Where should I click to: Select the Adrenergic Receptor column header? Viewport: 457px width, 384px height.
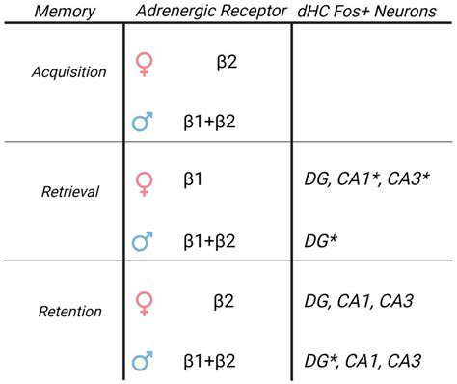click(x=206, y=13)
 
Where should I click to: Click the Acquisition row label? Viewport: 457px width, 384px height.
click(x=62, y=72)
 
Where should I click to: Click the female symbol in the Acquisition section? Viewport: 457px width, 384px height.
click(x=146, y=64)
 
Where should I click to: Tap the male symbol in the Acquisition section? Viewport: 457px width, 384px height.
click(x=144, y=122)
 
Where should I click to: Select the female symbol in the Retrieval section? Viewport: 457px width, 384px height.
click(x=146, y=183)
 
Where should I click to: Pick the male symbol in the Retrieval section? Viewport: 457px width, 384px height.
click(x=144, y=241)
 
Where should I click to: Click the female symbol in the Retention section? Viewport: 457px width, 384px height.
click(x=146, y=303)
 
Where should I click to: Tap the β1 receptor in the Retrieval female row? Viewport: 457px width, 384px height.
click(x=198, y=179)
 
